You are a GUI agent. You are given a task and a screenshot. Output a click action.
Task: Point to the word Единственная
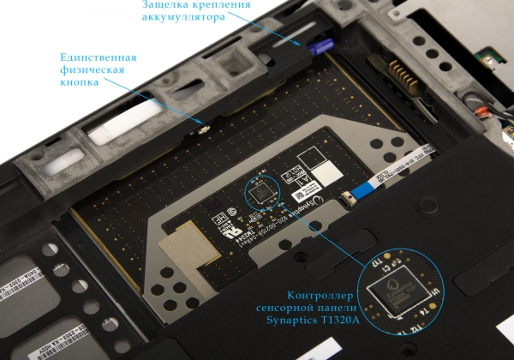pos(99,57)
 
